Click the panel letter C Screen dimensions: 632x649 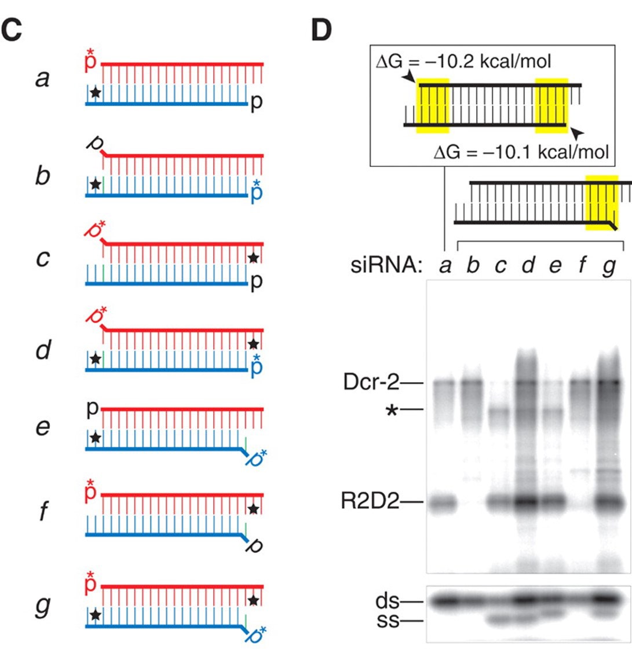point(12,30)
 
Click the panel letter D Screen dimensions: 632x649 point(322,30)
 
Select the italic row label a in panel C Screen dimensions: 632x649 point(42,79)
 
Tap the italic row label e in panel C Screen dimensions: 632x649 point(43,427)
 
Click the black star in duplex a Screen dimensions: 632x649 point(96,92)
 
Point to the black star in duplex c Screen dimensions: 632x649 point(254,258)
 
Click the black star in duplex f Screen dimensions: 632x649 point(254,509)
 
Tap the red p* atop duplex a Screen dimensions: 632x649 point(90,60)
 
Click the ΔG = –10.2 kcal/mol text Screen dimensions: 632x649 point(463,61)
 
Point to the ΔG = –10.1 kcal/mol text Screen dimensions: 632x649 point(521,152)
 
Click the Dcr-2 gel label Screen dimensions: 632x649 point(371,382)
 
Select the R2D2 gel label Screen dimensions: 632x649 point(370,501)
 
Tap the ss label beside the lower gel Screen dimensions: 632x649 point(388,621)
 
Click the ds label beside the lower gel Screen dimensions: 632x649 point(388,601)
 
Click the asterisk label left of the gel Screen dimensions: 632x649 point(392,410)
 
